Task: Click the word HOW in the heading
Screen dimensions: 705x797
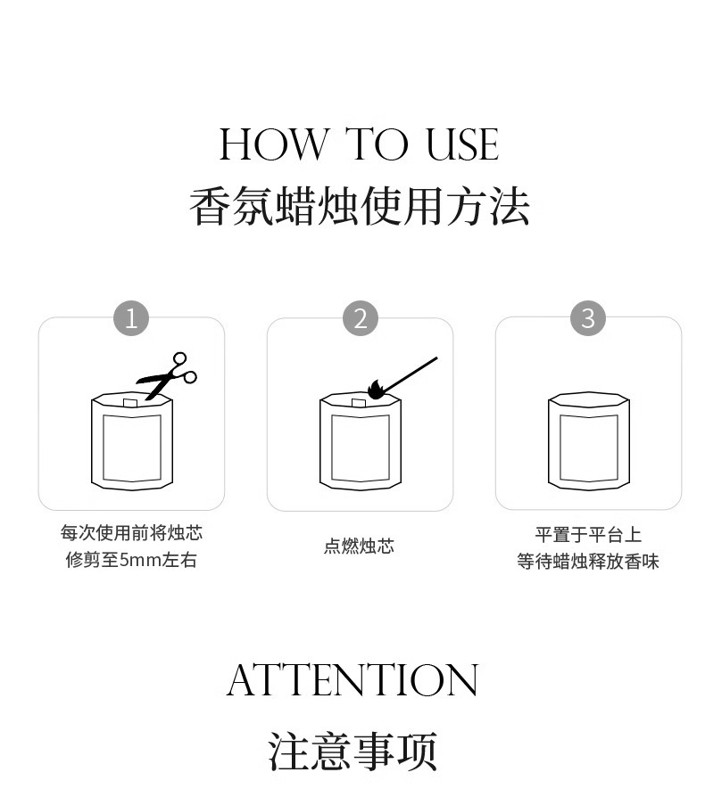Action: pyautogui.click(x=274, y=144)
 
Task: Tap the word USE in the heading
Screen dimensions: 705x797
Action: pyautogui.click(x=462, y=144)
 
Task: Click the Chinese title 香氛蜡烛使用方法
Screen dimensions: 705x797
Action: pyautogui.click(x=359, y=206)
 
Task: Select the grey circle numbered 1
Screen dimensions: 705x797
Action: pyautogui.click(x=130, y=318)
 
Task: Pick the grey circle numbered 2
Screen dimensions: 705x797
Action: pyautogui.click(x=361, y=318)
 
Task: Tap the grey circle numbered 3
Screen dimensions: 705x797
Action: pyautogui.click(x=588, y=318)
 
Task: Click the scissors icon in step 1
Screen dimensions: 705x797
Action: pyautogui.click(x=167, y=375)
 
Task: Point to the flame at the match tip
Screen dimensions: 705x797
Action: pyautogui.click(x=376, y=390)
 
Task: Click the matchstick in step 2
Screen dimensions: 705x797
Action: pyautogui.click(x=410, y=374)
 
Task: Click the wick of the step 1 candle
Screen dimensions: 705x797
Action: pyautogui.click(x=130, y=403)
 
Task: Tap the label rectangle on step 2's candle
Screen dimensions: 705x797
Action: pyautogui.click(x=361, y=448)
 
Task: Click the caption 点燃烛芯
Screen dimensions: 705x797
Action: pyautogui.click(x=359, y=546)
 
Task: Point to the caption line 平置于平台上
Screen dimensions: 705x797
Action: pyautogui.click(x=588, y=535)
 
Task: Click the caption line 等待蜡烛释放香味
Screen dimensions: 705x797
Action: pyautogui.click(x=588, y=562)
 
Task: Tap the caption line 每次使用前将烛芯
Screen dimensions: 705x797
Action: pyautogui.click(x=131, y=533)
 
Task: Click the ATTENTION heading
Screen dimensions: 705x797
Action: pyautogui.click(x=352, y=680)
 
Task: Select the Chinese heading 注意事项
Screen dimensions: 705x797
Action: pyautogui.click(x=352, y=752)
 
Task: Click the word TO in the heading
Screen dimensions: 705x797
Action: pyautogui.click(x=377, y=144)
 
